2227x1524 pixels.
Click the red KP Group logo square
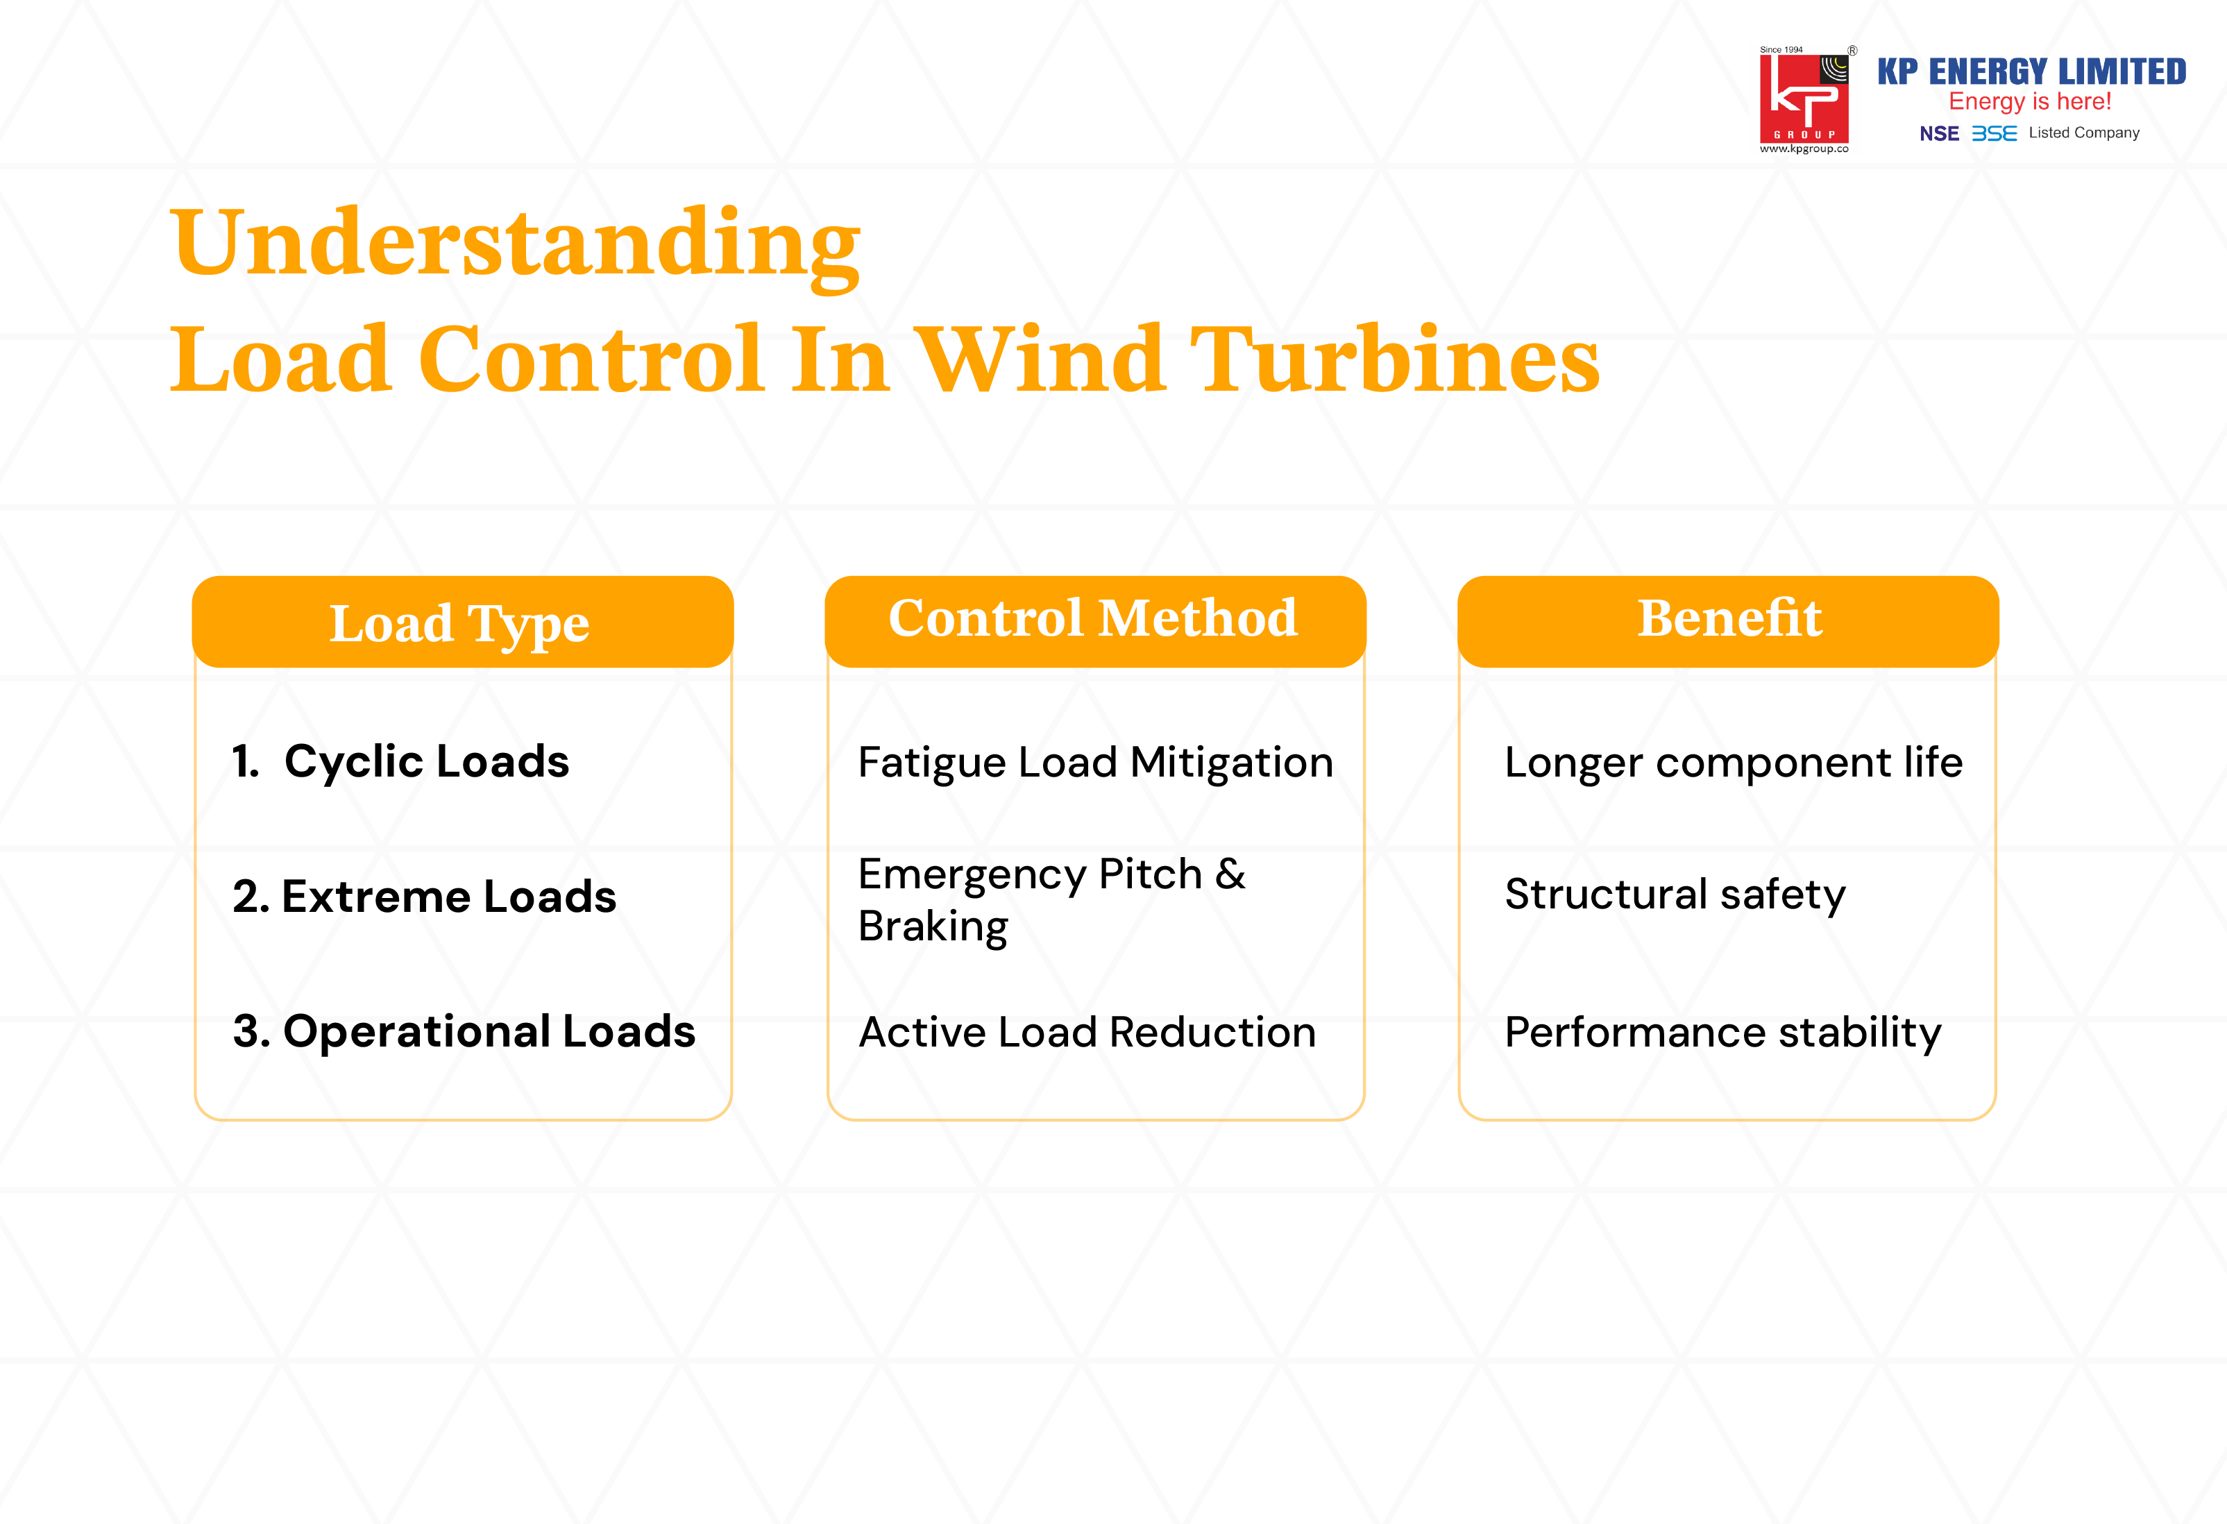[1804, 99]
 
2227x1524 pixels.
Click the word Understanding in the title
[516, 244]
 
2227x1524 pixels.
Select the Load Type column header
[460, 623]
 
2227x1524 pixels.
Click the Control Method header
[1094, 618]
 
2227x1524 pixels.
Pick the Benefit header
[1729, 618]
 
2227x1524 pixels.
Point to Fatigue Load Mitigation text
[1095, 763]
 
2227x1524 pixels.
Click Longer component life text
[1733, 763]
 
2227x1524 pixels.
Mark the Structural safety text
[1674, 895]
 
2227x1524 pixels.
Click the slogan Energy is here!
[2030, 101]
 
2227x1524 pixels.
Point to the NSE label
[1938, 134]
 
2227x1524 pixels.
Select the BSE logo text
[1993, 134]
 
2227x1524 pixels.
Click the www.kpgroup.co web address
[1804, 149]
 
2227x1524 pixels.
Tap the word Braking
[933, 927]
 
